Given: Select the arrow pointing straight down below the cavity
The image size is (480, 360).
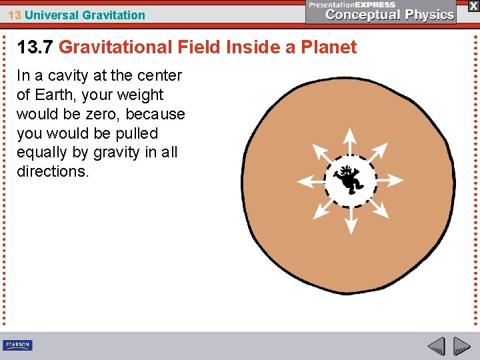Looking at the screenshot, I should click(x=349, y=219).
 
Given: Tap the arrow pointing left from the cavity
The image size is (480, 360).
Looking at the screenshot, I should click(x=309, y=181).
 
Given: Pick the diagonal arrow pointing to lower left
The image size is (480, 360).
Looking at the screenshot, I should click(x=321, y=209).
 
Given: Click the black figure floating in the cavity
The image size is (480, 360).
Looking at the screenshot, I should click(x=348, y=179).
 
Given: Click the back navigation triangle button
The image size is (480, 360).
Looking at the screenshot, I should click(x=436, y=346).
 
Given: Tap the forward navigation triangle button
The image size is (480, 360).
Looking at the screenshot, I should click(x=461, y=346).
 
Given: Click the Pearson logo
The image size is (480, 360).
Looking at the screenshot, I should click(x=17, y=345).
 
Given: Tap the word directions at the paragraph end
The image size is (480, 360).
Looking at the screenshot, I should click(x=52, y=171).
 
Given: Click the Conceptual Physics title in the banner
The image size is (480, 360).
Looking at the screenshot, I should click(x=390, y=15).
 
